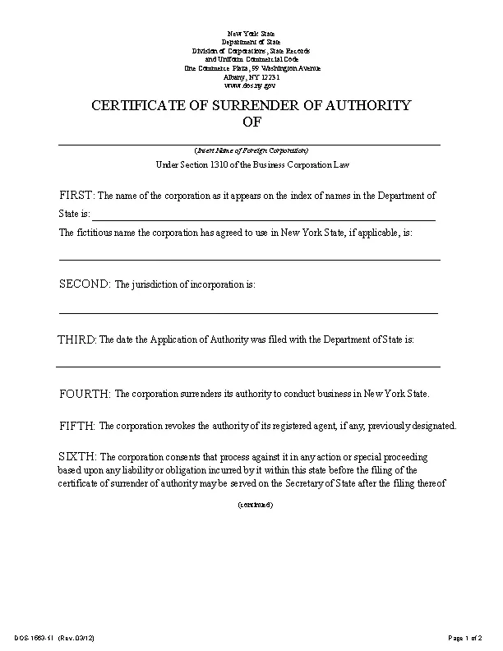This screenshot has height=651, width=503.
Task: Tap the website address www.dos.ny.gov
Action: pos(251,85)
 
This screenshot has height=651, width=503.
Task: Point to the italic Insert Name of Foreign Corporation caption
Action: pos(251,150)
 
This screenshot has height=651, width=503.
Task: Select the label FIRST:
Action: pos(77,196)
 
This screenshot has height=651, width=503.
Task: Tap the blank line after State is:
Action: pos(263,219)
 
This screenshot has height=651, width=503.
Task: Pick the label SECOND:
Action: pos(84,284)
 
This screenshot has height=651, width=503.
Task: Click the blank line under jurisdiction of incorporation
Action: pos(248,312)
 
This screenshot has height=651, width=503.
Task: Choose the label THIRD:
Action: pos(76,339)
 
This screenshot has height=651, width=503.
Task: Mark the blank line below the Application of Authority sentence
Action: pos(248,366)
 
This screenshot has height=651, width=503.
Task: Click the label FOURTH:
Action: pos(85,394)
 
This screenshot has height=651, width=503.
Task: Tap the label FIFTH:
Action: pos(78,426)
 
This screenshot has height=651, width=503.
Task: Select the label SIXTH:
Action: pos(78,456)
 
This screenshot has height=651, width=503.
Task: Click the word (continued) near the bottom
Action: pos(255,504)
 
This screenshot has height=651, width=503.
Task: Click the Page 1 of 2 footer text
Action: pos(464,638)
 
